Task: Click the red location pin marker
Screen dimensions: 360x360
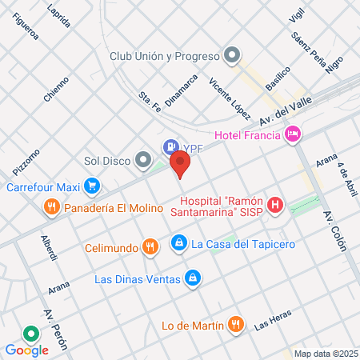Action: pos(181,165)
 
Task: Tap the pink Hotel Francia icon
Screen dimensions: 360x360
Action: pos(293,134)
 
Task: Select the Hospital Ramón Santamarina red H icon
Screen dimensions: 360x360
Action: pos(276,206)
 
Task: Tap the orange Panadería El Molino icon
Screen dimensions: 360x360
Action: pos(52,207)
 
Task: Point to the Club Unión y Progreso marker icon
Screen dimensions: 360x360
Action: pos(233,55)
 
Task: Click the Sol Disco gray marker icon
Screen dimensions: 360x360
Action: pos(143,159)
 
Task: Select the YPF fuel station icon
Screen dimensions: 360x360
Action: pos(170,146)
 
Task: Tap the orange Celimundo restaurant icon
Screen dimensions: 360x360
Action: pos(149,246)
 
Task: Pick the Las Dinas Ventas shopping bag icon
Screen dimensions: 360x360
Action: pos(192,278)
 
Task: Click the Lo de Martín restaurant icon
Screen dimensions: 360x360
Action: pos(235,323)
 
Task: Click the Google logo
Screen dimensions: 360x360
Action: pos(26,350)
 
